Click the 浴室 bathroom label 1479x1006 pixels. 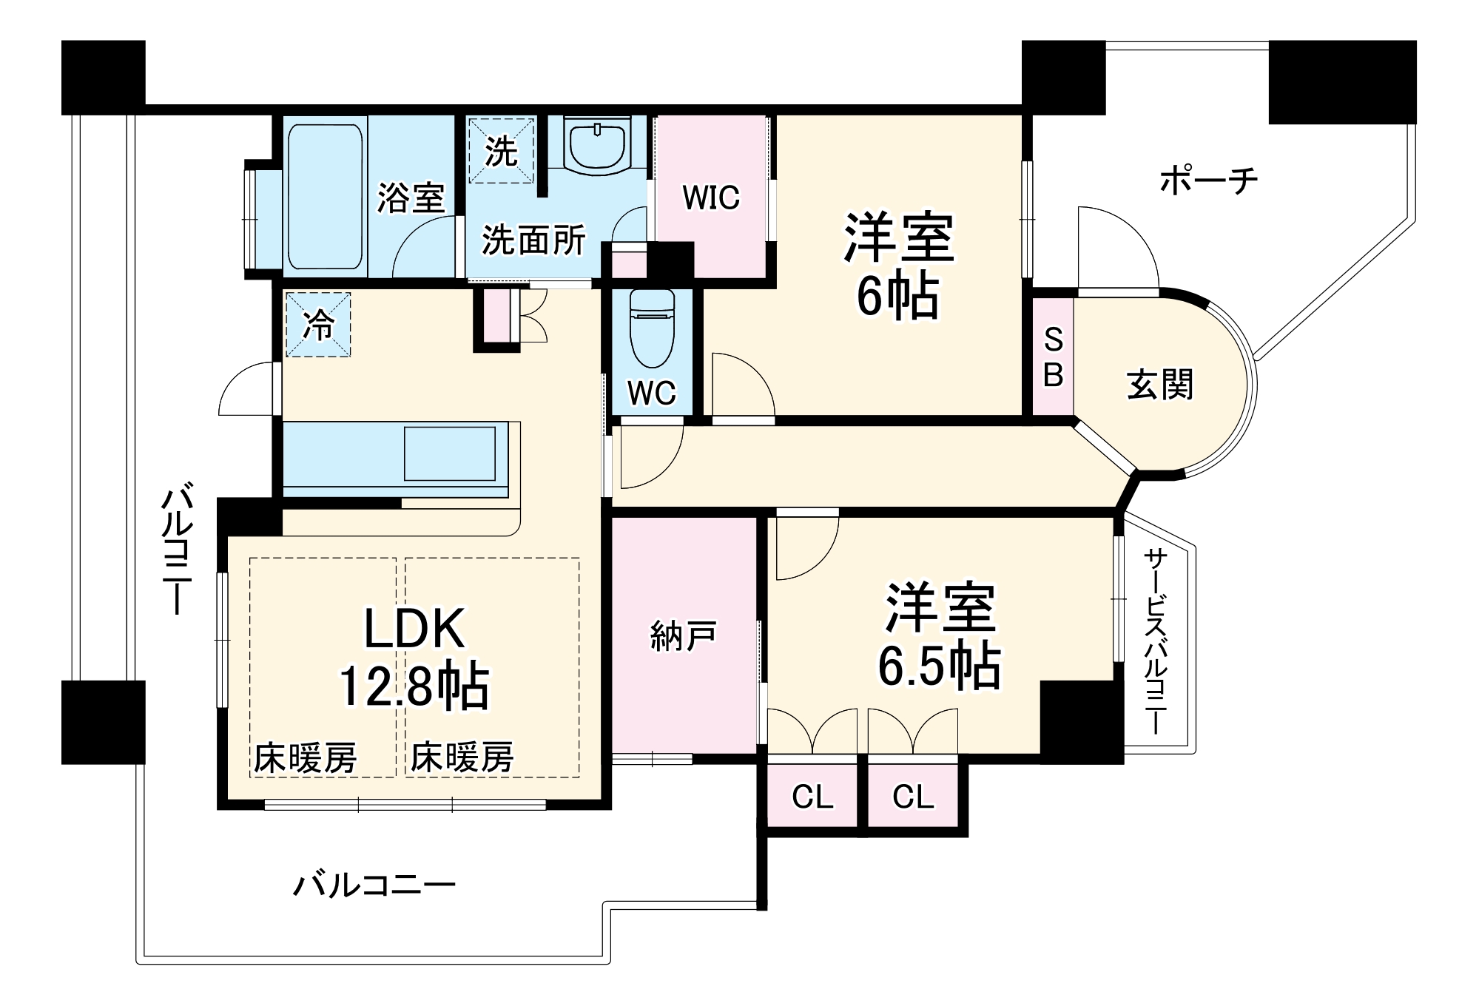[411, 198]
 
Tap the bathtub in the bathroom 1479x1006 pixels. [326, 196]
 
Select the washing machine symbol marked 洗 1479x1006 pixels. [501, 151]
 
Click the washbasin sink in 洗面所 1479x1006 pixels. [596, 144]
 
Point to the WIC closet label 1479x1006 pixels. [710, 198]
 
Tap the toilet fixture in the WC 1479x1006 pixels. [652, 329]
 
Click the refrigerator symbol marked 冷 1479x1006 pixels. [318, 325]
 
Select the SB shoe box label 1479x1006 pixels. [1053, 357]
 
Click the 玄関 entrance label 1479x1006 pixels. [1159, 385]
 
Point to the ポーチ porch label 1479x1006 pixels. [1208, 180]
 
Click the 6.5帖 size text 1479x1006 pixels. [939, 666]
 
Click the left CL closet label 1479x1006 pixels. [812, 797]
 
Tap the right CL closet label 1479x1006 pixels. [913, 797]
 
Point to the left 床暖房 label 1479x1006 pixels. [306, 758]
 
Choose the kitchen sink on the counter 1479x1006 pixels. [449, 453]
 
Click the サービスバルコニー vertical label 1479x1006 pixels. [1155, 641]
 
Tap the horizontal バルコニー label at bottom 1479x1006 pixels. [374, 885]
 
